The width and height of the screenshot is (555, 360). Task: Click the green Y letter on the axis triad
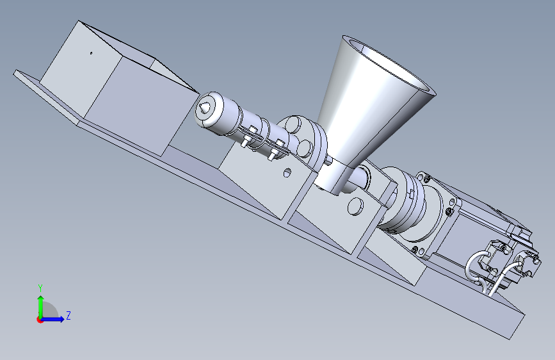tap(40, 288)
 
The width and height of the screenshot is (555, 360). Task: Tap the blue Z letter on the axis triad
tap(68, 315)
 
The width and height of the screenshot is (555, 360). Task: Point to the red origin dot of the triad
tap(40, 320)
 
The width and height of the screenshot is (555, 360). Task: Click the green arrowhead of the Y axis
tap(41, 299)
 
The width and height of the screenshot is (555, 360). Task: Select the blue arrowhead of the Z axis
tap(61, 319)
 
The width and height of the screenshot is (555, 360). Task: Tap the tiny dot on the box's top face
tap(92, 53)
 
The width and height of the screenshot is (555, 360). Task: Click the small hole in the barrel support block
tap(287, 172)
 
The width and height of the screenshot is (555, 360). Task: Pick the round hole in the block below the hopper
tap(355, 206)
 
